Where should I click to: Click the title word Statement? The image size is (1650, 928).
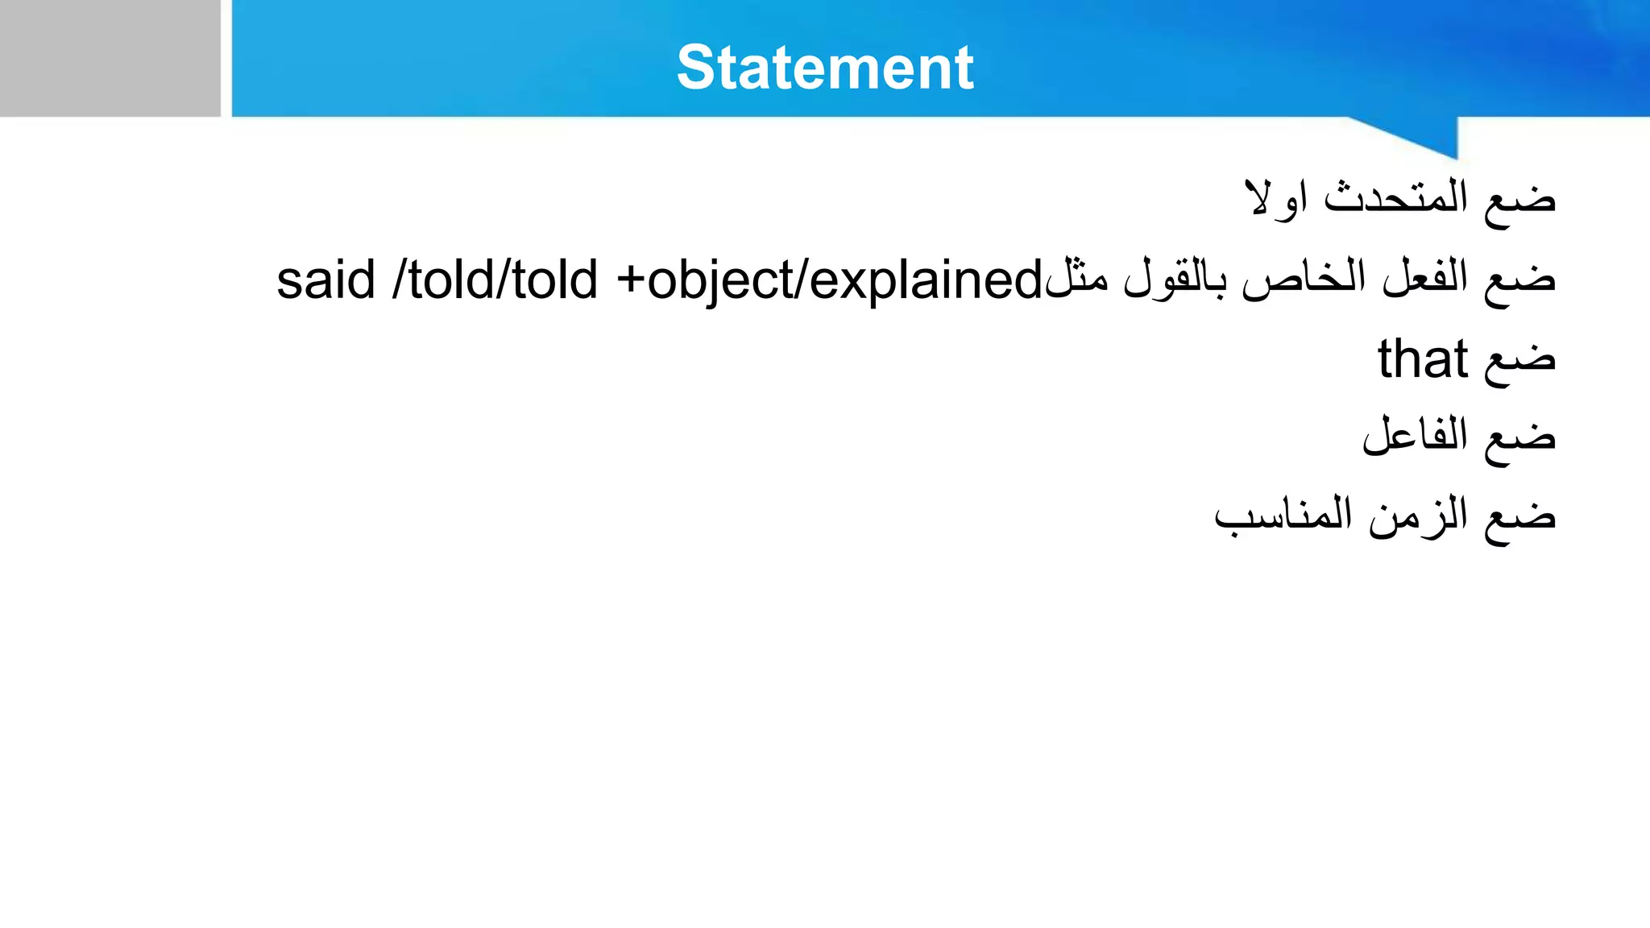[x=825, y=68]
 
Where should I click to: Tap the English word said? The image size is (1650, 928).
[x=326, y=280]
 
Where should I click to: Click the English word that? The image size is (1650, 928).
[x=1422, y=359]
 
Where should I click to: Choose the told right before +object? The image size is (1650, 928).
[x=554, y=280]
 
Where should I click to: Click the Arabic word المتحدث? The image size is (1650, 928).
[x=1395, y=198]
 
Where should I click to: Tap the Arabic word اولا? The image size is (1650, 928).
[x=1276, y=198]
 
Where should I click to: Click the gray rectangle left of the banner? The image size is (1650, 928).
[x=110, y=58]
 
